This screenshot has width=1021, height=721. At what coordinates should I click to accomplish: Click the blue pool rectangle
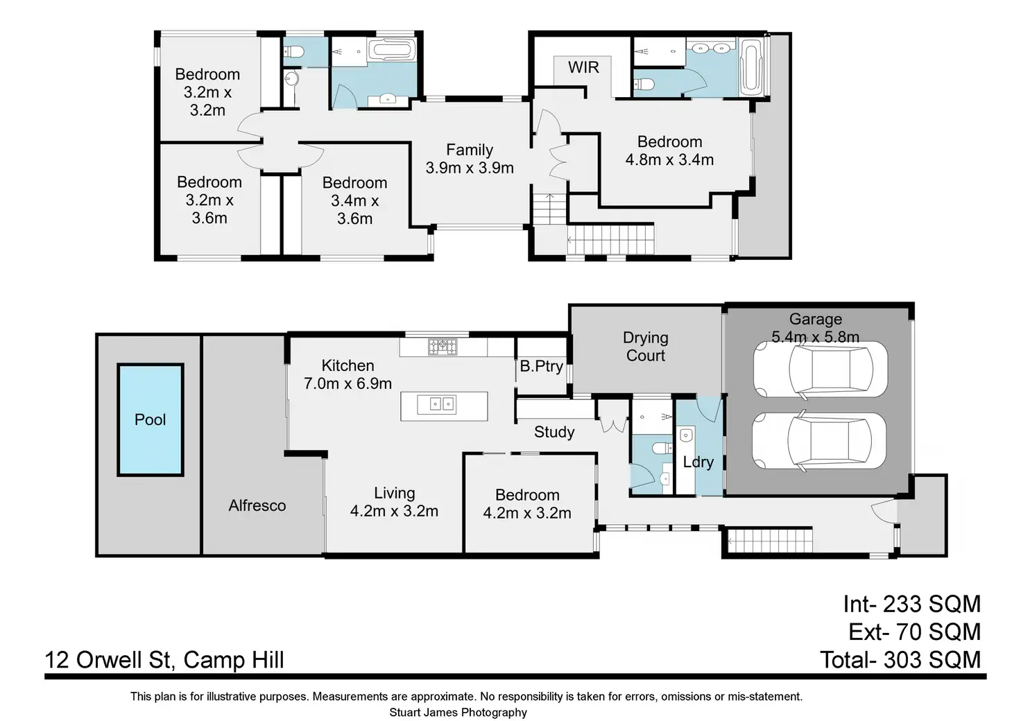tap(151, 419)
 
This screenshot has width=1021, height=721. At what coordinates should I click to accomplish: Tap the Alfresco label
tap(257, 505)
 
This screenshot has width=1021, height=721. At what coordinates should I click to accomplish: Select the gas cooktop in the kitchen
tap(442, 347)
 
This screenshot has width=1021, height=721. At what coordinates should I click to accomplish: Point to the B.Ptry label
tap(542, 366)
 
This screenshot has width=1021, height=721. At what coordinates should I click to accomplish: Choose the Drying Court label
tap(646, 347)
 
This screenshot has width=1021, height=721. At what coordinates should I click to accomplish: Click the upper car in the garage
tap(820, 370)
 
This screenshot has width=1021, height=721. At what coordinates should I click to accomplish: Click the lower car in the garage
tap(819, 440)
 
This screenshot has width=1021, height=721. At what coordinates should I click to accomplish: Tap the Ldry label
tap(698, 462)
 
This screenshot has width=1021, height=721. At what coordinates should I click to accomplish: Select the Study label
tap(554, 432)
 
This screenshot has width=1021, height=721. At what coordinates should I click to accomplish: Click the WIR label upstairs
tap(583, 67)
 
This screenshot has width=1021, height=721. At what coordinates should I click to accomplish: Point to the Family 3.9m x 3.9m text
tap(470, 159)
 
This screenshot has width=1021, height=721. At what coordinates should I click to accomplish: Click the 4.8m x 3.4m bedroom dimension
tap(669, 160)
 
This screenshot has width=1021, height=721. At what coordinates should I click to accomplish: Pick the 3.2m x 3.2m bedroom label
tap(207, 92)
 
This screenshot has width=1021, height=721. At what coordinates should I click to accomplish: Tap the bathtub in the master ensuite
tap(750, 67)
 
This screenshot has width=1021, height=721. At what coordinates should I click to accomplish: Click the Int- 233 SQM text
tap(911, 605)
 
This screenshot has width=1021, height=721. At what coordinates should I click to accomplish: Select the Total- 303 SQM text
tap(900, 660)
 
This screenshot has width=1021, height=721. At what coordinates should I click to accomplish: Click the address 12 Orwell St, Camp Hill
tap(164, 660)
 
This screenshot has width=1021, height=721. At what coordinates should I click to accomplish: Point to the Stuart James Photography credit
tap(458, 713)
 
